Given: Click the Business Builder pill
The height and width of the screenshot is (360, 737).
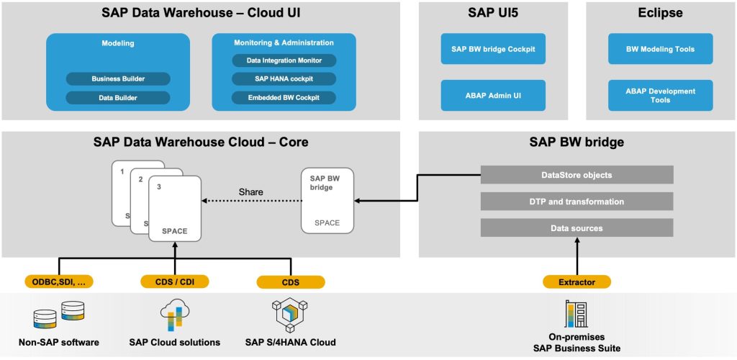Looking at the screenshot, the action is (118, 79).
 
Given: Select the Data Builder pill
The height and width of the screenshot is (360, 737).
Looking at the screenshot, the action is (118, 98).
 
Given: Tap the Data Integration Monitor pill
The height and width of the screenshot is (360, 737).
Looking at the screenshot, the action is (284, 60).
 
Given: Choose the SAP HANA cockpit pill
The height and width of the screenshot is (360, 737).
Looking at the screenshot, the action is (284, 79).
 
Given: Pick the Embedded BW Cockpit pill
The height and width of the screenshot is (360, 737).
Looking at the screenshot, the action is (284, 98).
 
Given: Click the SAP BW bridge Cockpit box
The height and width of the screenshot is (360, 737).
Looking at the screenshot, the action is (493, 48).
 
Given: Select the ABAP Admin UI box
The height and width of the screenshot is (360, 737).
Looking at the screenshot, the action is (493, 96).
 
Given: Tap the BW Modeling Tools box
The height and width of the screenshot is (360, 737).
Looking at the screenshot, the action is (661, 48).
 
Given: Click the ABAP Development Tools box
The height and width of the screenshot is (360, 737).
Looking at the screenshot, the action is (661, 96).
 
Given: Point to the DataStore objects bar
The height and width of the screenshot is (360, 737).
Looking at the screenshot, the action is (577, 175).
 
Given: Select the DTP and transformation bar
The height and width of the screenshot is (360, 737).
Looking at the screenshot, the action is (577, 201).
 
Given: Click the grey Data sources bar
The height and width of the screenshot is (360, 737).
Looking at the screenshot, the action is (577, 228).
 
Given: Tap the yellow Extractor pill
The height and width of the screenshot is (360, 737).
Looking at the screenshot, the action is (577, 282).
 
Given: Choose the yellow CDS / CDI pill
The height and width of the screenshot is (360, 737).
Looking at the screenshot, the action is (175, 282).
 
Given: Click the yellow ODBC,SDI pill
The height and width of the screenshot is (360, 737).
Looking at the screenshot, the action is (59, 282).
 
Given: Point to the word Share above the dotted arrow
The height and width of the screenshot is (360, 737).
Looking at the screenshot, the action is (251, 192).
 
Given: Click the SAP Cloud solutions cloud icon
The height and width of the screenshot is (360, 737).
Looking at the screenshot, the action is (174, 315).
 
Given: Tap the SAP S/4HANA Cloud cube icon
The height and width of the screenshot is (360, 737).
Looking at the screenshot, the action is (291, 315).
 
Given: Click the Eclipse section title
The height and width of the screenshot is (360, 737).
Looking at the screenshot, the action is (660, 13).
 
